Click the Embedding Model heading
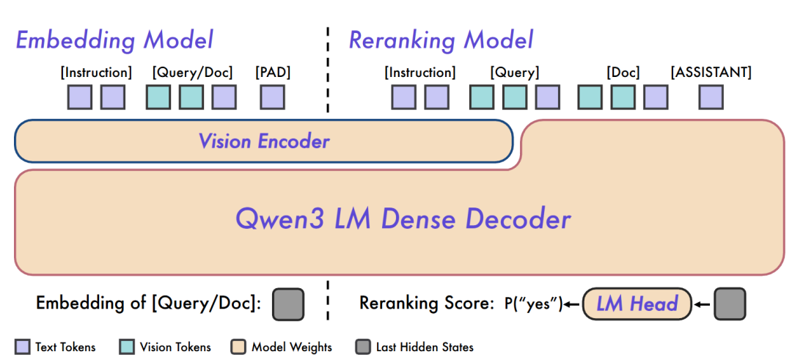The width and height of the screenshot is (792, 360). [114, 40]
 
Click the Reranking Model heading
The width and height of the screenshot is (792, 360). [441, 40]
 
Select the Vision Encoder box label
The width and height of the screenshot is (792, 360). [264, 141]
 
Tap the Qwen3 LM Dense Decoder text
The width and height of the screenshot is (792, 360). [403, 218]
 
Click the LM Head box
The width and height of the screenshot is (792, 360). [636, 304]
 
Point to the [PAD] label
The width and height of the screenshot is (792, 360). [273, 73]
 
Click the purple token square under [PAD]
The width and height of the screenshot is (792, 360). [272, 98]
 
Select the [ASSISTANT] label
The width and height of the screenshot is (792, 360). [711, 73]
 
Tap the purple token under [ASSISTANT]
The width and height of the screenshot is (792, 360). [711, 98]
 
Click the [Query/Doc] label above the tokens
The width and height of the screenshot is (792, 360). [192, 73]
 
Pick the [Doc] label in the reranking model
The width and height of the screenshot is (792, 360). [623, 73]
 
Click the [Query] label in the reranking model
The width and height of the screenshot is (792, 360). [514, 73]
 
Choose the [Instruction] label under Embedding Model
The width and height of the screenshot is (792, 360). [96, 73]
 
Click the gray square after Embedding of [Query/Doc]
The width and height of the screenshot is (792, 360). [288, 304]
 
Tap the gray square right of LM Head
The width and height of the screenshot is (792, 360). [730, 304]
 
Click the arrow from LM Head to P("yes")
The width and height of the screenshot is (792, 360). [572, 304]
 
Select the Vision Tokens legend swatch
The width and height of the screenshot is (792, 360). [127, 347]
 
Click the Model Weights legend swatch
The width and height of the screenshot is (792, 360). [238, 347]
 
